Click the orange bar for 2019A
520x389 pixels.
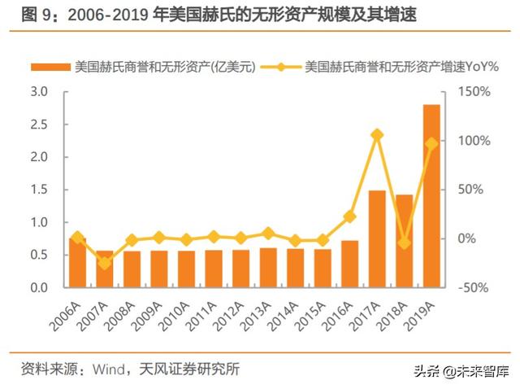coord(431,196)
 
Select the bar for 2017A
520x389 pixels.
coord(377,239)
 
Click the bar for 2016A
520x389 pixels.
coord(349,264)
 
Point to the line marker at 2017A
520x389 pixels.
coord(377,135)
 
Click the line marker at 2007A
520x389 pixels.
coord(104,263)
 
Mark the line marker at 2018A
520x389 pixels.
coord(404,243)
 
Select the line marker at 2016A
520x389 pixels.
coord(349,216)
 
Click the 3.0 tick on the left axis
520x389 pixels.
coord(38,92)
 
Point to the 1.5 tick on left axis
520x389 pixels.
coord(38,190)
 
